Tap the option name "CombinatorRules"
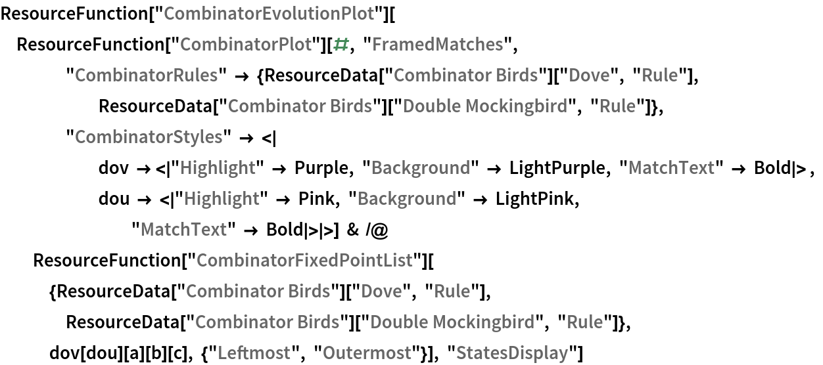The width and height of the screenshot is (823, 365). (142, 75)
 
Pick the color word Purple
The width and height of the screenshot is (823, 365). (321, 168)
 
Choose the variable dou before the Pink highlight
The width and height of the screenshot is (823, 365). (114, 199)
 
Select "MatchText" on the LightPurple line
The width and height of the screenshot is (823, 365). (670, 168)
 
